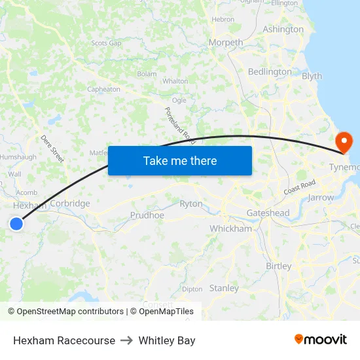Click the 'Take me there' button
click(180, 160)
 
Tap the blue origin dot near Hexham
click(16, 224)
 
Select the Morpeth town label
click(225, 43)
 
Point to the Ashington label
click(283, 29)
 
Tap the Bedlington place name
click(270, 71)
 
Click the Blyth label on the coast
click(312, 76)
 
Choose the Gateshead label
click(268, 213)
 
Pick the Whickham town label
click(230, 228)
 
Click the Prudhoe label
click(147, 215)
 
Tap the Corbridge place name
click(70, 204)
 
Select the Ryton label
click(191, 204)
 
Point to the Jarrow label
click(321, 197)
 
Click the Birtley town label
click(279, 266)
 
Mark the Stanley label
click(224, 288)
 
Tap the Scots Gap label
click(106, 43)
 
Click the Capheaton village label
click(103, 89)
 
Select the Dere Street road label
click(52, 149)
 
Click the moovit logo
click(320, 340)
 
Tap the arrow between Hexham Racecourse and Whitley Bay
click(127, 340)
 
